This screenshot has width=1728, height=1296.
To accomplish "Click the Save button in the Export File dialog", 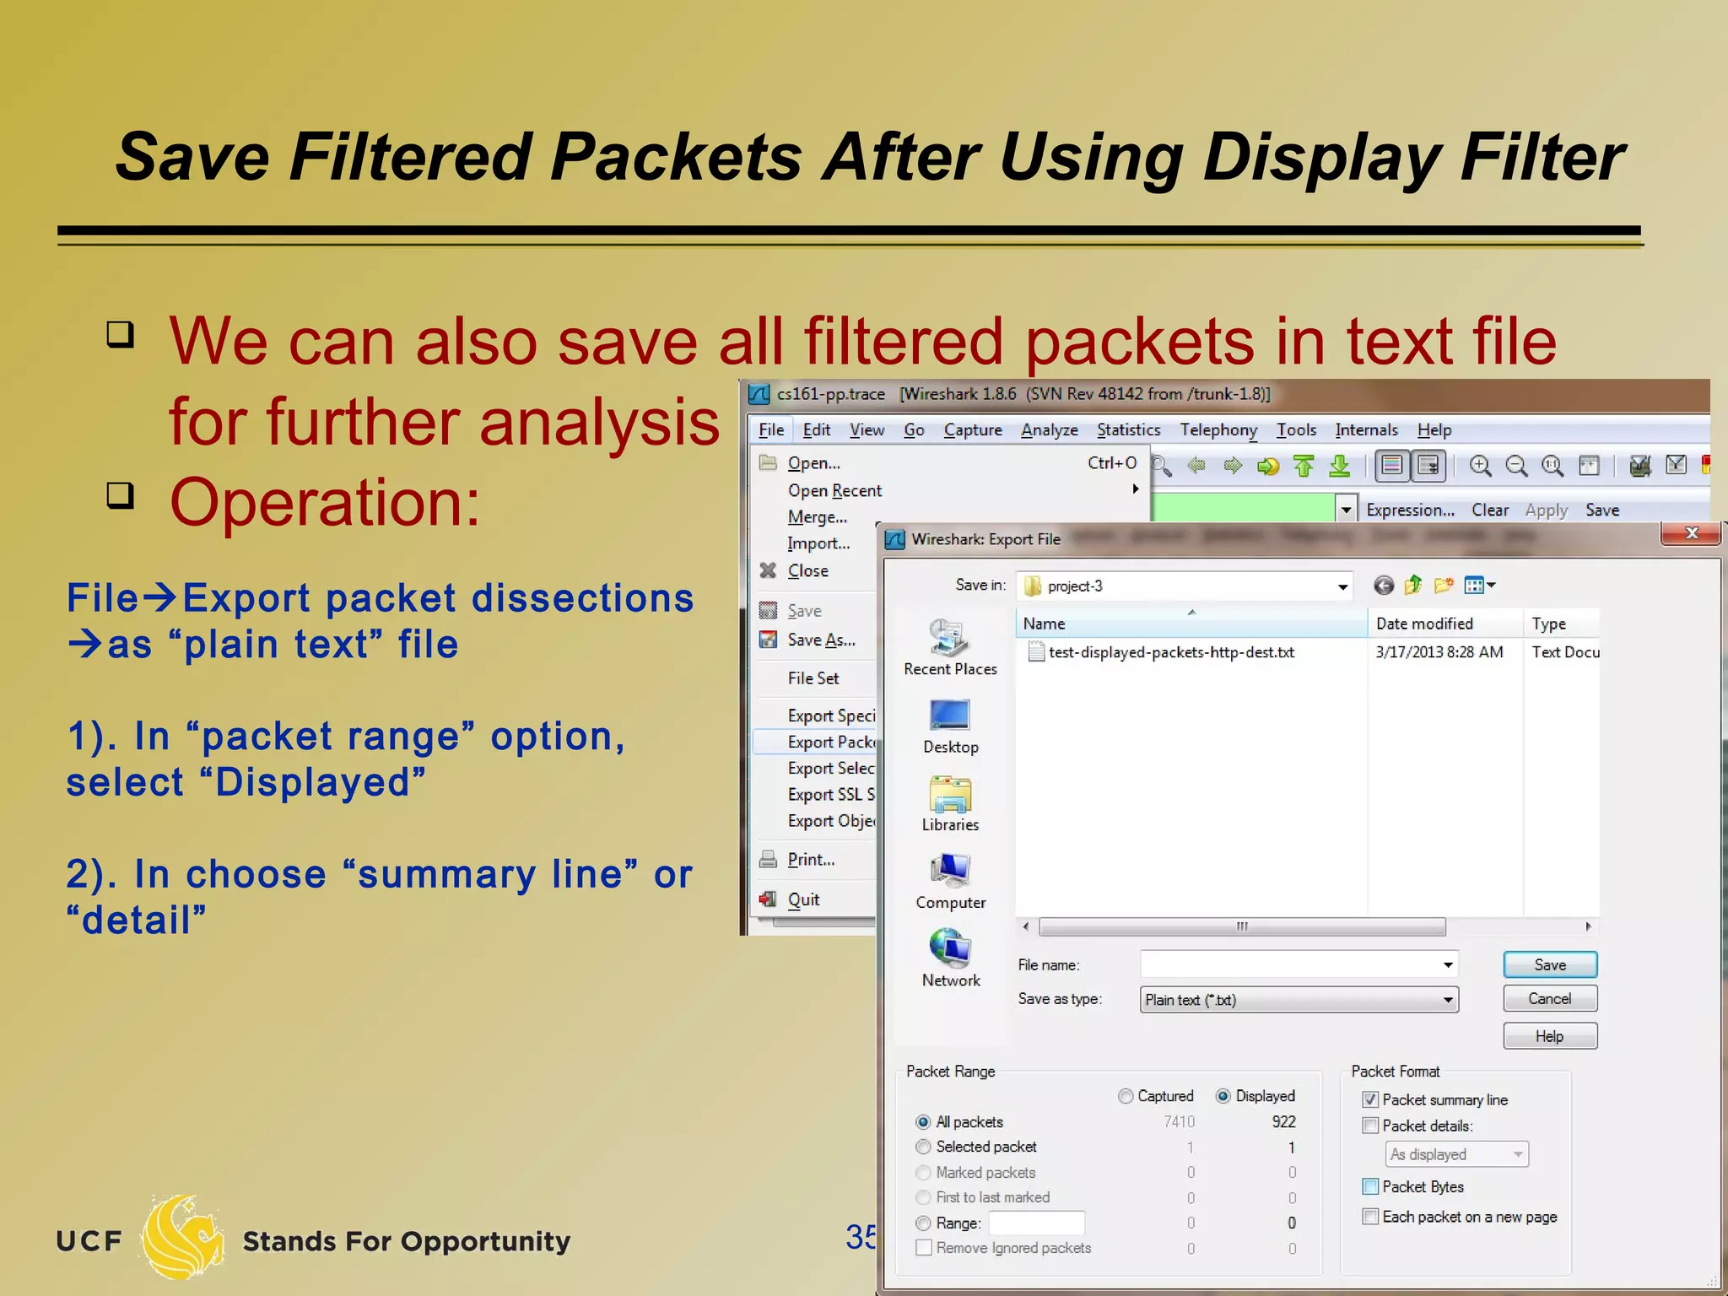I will [1549, 964].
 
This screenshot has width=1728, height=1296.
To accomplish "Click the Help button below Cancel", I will [1549, 1036].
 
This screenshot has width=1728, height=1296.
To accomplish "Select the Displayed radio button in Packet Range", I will [1223, 1096].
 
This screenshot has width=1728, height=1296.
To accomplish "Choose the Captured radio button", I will [1126, 1096].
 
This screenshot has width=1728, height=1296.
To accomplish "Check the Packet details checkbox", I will [1370, 1126].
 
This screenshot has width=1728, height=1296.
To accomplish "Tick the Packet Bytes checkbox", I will [1370, 1187].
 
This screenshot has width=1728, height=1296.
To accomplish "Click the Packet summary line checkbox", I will [1370, 1100].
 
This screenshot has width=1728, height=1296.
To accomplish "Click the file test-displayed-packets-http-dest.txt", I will [1170, 652].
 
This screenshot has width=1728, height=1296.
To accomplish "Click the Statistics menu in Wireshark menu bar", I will [1128, 430].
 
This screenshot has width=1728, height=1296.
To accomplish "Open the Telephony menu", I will [1218, 430].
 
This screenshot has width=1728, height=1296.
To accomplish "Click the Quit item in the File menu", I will [803, 899].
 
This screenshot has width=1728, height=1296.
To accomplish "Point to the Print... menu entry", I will [811, 860].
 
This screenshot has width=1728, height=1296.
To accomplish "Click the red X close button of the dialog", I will [1691, 533].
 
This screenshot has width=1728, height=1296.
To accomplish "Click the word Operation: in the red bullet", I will [325, 503].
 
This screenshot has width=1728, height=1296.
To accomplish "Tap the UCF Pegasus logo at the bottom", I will [181, 1237].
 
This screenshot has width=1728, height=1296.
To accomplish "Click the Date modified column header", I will [1424, 624].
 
